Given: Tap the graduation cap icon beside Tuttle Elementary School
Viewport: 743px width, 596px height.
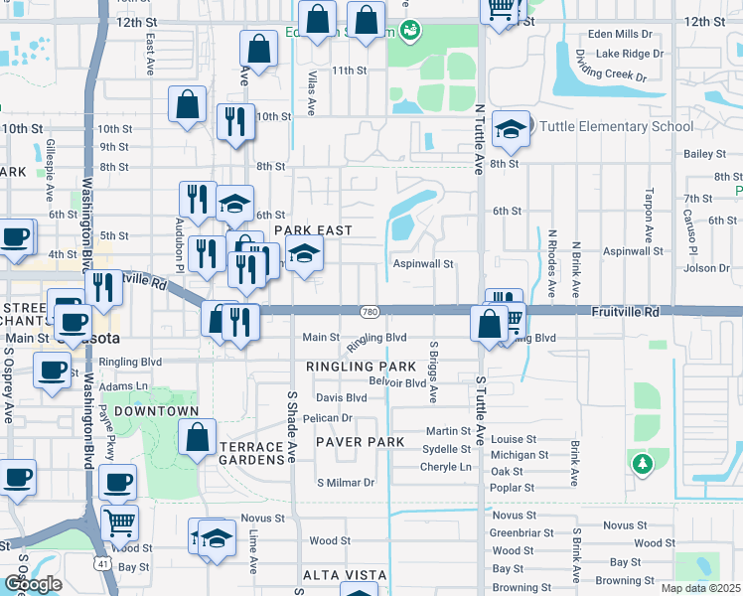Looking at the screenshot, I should click(511, 129).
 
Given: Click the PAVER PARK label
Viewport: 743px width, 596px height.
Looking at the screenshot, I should click(360, 441).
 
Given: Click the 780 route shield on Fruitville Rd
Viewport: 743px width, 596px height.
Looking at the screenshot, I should click(370, 312).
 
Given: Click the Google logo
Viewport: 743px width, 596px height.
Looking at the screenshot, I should click(32, 584).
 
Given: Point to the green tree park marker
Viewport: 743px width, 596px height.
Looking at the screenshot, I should click(643, 462).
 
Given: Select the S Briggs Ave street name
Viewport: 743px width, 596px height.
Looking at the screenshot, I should click(433, 373).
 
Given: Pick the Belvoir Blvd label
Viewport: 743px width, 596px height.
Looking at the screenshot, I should click(396, 381).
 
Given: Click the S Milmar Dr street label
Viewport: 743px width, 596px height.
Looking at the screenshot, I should click(345, 483).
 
